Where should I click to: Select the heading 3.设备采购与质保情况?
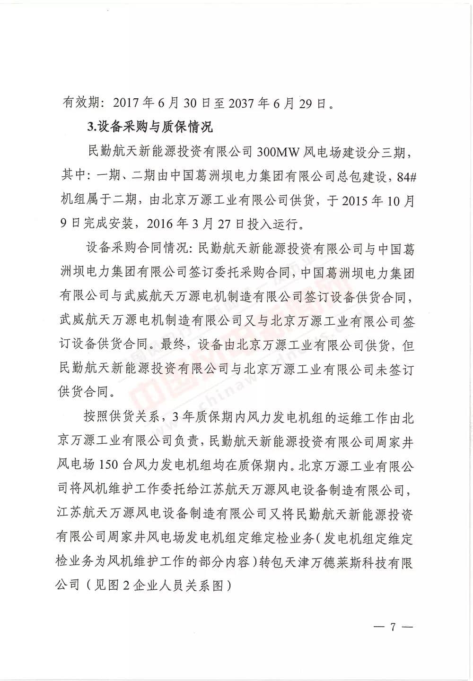(x=150, y=127)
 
